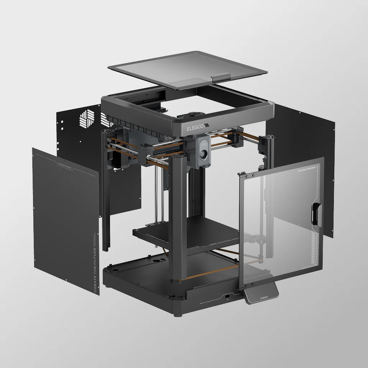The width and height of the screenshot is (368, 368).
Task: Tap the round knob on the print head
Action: [203, 154]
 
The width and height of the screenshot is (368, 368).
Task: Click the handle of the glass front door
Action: [316, 214]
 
